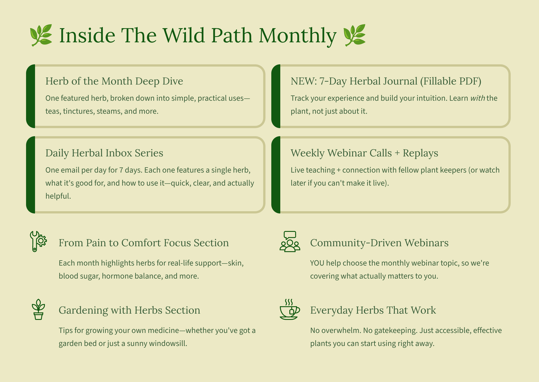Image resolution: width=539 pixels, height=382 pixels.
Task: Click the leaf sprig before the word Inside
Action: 41,35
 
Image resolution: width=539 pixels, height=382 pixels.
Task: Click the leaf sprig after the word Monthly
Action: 354,35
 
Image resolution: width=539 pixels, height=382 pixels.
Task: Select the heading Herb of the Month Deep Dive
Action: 114,81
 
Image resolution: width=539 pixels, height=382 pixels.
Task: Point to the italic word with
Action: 478,98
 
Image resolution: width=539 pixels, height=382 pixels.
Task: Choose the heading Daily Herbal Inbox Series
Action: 104,153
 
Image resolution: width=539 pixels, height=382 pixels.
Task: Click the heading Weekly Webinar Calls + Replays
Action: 364,153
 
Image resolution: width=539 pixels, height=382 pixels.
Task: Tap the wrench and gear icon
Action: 38,241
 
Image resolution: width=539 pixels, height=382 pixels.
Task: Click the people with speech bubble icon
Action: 290,241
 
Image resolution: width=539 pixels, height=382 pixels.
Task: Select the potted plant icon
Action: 38,309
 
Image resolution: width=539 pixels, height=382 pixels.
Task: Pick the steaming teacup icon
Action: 290,309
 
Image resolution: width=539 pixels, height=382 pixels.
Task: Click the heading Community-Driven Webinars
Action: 379,243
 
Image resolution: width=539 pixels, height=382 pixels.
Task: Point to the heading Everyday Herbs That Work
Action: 373,310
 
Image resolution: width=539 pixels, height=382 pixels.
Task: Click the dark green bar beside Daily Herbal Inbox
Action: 31,175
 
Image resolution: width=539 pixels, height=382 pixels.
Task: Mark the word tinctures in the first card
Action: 78,111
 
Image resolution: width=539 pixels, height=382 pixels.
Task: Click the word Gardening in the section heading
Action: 83,310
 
